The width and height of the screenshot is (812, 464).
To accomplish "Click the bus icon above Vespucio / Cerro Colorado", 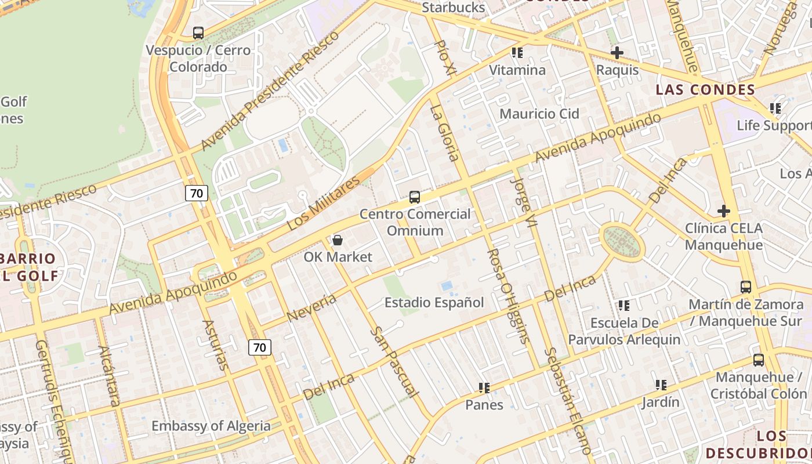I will [198, 33].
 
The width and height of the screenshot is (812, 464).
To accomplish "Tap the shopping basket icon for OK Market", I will [338, 240].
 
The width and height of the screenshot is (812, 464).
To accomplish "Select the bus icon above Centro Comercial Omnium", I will [414, 197].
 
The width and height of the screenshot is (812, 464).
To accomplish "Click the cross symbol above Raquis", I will [617, 53].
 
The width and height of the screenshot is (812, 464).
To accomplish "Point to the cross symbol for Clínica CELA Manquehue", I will [723, 211].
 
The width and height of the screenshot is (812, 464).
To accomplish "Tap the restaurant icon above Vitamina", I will [517, 53].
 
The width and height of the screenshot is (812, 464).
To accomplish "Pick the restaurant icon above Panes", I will [484, 387].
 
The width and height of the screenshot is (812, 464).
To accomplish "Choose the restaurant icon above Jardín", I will [661, 385].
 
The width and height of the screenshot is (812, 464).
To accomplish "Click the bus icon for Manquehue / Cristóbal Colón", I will [758, 360].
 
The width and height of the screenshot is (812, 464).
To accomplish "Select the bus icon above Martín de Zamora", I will [746, 287].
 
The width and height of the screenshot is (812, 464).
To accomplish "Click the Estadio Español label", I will [434, 303].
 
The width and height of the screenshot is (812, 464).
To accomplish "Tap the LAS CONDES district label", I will [705, 90].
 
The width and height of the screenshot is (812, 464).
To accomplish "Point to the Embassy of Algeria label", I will [211, 426].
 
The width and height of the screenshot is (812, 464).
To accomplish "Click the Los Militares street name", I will [324, 204].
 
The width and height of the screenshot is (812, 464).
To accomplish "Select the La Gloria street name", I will [445, 133].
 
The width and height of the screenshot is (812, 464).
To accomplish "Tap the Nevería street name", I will [311, 308].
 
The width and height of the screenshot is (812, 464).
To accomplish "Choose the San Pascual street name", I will [394, 362].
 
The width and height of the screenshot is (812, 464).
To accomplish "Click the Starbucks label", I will [453, 8].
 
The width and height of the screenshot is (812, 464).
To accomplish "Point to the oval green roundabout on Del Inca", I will [622, 242].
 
